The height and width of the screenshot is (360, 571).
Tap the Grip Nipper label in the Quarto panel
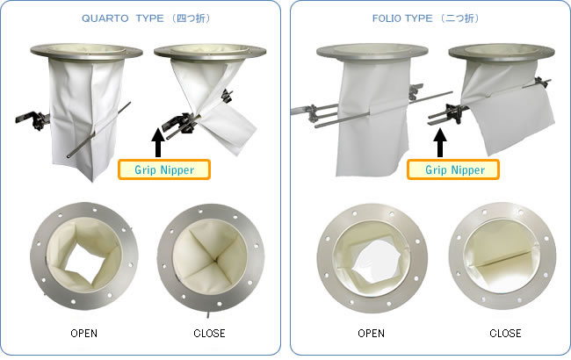164,169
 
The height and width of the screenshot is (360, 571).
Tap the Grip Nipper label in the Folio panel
453,169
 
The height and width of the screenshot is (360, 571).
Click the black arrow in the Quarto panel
157,142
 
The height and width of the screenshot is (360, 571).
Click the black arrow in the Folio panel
440,142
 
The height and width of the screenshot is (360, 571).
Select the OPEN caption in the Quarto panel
83,333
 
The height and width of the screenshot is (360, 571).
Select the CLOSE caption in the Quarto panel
209,333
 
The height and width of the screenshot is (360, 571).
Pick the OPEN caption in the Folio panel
371,333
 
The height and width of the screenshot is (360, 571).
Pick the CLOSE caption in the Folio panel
505,333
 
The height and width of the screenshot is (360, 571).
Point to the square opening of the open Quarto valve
84,263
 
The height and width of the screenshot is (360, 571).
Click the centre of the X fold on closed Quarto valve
215,260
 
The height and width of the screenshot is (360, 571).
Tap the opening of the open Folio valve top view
375,263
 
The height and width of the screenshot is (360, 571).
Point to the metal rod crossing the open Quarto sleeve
98,130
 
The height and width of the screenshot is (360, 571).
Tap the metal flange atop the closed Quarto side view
210,52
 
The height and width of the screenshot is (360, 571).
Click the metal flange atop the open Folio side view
372,52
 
